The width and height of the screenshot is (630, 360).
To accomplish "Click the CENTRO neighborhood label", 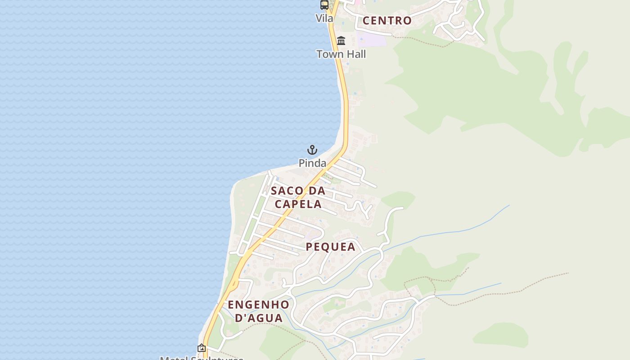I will (387, 20).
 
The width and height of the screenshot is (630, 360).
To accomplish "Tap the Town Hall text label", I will (341, 54).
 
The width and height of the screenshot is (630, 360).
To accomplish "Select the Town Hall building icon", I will (341, 41).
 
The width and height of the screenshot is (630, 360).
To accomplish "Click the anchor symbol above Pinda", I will (312, 150).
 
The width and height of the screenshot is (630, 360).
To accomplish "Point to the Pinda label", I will (312, 163).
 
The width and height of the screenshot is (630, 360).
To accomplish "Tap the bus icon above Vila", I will (324, 5).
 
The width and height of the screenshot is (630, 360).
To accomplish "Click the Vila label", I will (324, 18).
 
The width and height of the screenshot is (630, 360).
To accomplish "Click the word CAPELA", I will (298, 204).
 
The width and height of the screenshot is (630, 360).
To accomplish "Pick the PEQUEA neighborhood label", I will (331, 247).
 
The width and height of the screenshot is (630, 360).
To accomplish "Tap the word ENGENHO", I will (258, 305).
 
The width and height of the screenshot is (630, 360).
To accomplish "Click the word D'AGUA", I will (259, 318).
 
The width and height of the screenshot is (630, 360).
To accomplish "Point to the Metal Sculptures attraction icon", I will (202, 348).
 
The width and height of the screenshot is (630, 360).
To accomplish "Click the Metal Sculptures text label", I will (202, 358).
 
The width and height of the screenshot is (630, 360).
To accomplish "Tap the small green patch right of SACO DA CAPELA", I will (398, 199).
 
